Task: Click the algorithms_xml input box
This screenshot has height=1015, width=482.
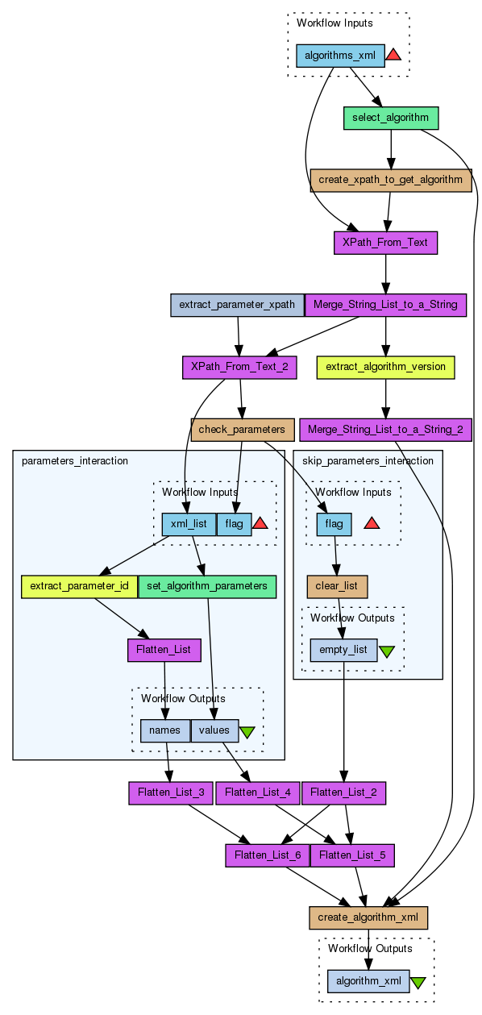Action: click(340, 56)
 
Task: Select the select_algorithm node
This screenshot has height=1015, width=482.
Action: click(390, 118)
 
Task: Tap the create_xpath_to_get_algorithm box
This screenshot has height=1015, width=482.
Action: click(390, 180)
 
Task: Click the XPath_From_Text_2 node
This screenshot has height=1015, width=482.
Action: click(239, 367)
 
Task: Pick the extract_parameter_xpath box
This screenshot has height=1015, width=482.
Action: click(237, 305)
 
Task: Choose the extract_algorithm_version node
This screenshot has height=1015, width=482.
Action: click(385, 367)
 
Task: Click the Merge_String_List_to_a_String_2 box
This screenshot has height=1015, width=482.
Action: click(385, 430)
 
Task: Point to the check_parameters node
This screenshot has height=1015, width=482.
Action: click(242, 430)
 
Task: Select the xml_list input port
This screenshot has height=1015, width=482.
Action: click(189, 524)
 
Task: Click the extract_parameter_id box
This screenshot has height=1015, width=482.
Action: click(79, 586)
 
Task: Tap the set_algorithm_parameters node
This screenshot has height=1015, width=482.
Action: click(207, 586)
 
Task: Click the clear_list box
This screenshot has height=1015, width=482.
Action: click(337, 586)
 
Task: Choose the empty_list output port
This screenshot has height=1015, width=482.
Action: click(343, 650)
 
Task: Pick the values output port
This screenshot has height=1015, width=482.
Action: click(214, 730)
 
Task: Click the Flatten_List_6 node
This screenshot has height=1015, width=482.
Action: click(268, 855)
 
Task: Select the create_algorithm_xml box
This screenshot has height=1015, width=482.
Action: click(368, 917)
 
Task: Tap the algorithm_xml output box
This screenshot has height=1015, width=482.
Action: click(368, 981)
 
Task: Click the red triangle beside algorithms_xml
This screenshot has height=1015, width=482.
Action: click(393, 55)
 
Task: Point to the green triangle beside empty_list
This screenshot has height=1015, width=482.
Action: click(386, 651)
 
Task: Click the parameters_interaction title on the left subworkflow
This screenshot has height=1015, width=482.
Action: click(75, 461)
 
